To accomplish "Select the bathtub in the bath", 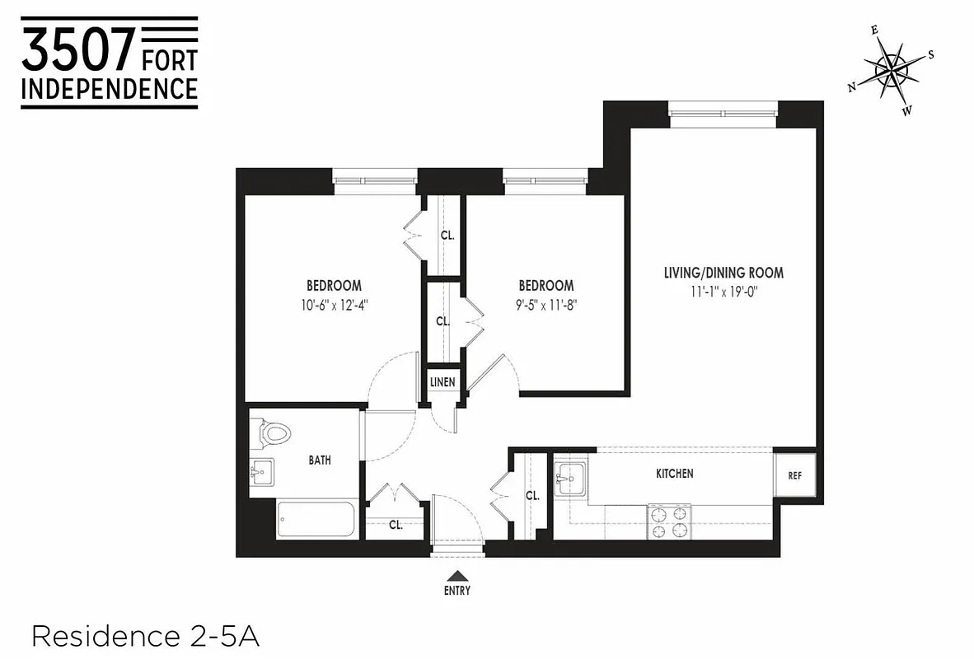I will tap(316, 519).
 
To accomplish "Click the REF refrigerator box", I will tap(794, 476).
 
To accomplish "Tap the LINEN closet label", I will tap(443, 383).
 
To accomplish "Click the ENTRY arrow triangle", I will tap(457, 577).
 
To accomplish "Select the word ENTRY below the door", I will tap(457, 591).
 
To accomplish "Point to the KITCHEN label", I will tap(674, 474).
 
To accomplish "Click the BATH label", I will tap(320, 460).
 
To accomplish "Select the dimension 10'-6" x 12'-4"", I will tap(334, 302).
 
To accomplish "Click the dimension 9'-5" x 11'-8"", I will tap(546, 302).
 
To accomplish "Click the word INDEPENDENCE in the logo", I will tap(109, 88).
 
